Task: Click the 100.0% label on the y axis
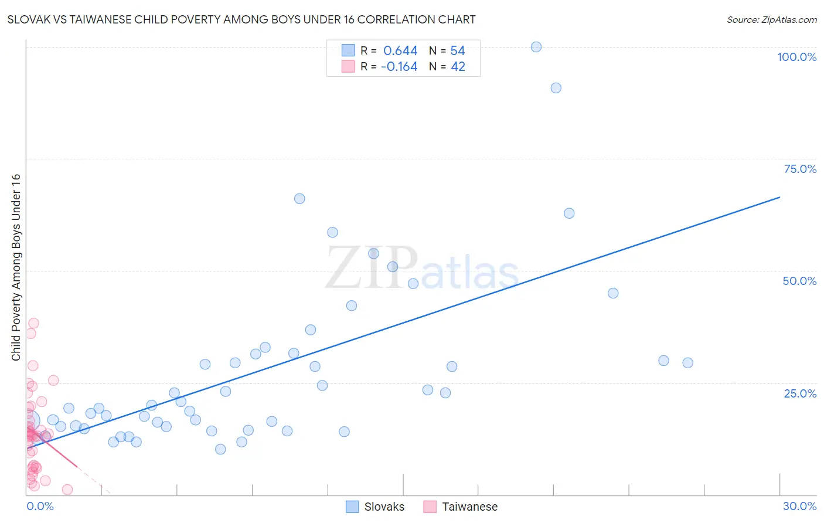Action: click(x=796, y=57)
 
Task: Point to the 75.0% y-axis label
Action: click(x=800, y=169)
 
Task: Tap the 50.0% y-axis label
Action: click(x=799, y=281)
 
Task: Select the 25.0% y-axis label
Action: click(x=800, y=393)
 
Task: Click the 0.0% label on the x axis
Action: click(x=40, y=506)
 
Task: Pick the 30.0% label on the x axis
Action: click(x=799, y=506)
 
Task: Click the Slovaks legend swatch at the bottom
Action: click(x=352, y=507)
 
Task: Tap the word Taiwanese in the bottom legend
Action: click(x=469, y=507)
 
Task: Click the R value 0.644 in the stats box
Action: click(x=400, y=51)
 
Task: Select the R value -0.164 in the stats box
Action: click(x=399, y=67)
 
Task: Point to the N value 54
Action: click(x=458, y=51)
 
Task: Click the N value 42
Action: click(x=458, y=67)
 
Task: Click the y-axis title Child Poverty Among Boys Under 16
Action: click(x=16, y=267)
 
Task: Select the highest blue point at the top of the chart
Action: click(x=536, y=47)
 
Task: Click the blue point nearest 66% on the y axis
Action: click(x=299, y=199)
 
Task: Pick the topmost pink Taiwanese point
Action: click(x=33, y=323)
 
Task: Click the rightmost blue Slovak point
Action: click(x=687, y=363)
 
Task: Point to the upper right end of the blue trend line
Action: click(x=779, y=197)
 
